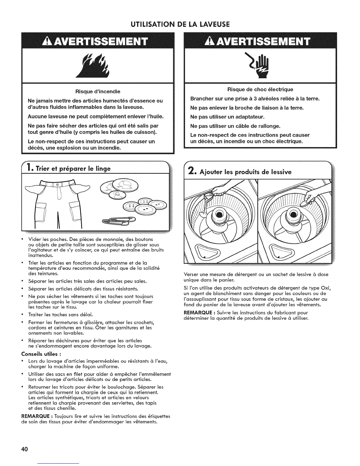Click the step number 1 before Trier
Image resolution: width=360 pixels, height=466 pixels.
click(30, 169)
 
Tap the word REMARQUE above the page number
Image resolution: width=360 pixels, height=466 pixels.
click(34, 416)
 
